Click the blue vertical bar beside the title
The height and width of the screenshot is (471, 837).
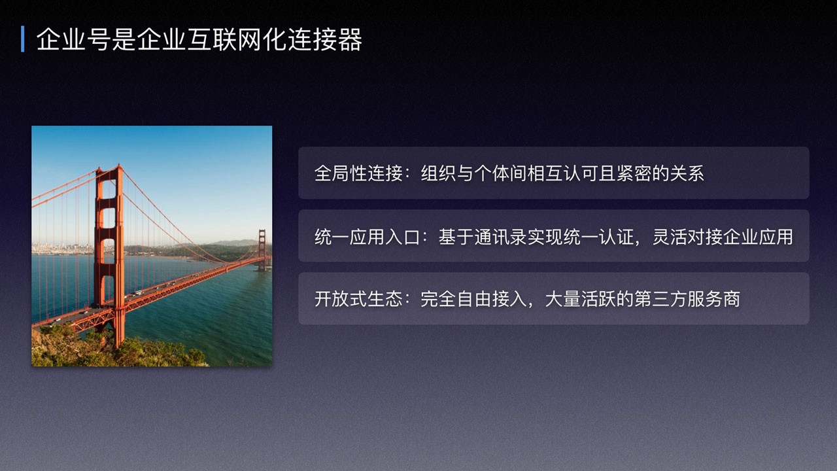pyautogui.click(x=23, y=39)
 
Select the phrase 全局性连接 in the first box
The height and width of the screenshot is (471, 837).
pyautogui.click(x=358, y=173)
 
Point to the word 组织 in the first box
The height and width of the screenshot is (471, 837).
pyautogui.click(x=438, y=173)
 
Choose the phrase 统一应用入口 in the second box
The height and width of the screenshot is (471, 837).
pyautogui.click(x=367, y=237)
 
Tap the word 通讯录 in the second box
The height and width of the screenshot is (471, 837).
pyautogui.click(x=500, y=237)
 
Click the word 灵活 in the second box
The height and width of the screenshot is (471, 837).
pyautogui.click(x=670, y=237)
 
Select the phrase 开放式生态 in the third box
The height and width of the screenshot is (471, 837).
pyautogui.click(x=358, y=299)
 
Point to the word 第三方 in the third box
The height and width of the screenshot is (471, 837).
pyautogui.click(x=660, y=299)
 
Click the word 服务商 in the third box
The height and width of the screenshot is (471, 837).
pyautogui.click(x=713, y=299)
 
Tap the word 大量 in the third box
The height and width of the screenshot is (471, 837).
pyautogui.click(x=563, y=299)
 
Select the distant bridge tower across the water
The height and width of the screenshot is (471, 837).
pyautogui.click(x=262, y=250)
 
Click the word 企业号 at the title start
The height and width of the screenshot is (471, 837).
pyautogui.click(x=73, y=39)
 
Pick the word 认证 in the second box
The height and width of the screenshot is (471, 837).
pyautogui.click(x=617, y=237)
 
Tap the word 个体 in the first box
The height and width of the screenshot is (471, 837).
pyautogui.click(x=492, y=173)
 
